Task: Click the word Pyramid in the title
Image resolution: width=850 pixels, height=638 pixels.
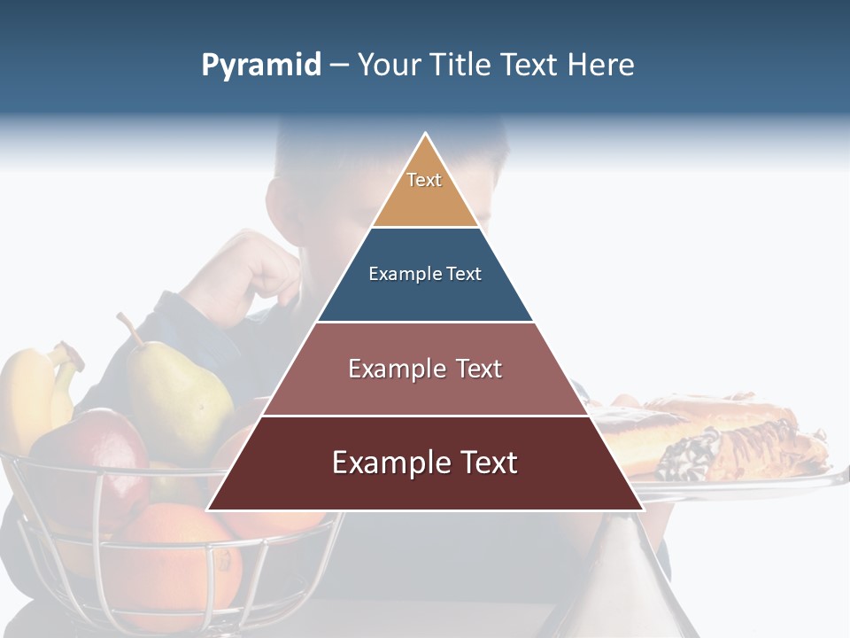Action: [260, 66]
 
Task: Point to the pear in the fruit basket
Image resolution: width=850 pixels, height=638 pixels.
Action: [177, 390]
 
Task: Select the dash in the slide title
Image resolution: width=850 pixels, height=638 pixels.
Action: [338, 66]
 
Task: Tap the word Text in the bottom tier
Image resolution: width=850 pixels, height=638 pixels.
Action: [483, 463]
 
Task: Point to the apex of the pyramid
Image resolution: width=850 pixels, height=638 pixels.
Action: [425, 136]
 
